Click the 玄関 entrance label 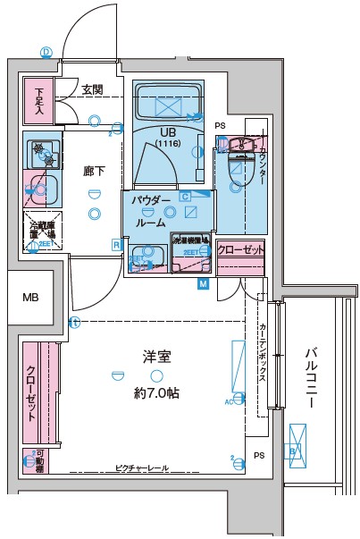pos(92,89)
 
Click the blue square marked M pos(203,284)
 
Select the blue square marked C pos(184,196)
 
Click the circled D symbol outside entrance pos(45,52)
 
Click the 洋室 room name pos(157,356)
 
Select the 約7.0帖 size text pos(157,392)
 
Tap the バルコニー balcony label pos(310,377)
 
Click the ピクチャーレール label pos(141,467)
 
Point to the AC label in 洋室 pos(228,400)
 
